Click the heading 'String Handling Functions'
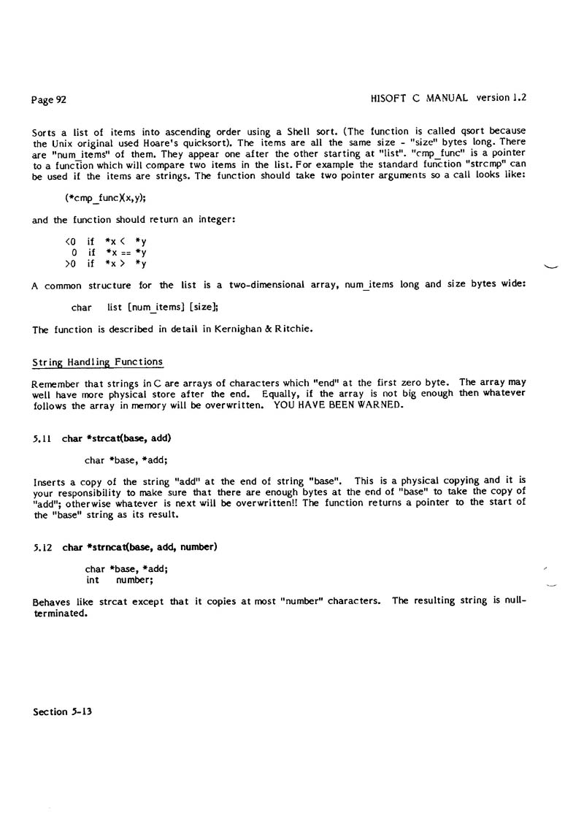[x=98, y=362]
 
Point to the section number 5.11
[x=44, y=438]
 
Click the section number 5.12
[x=44, y=547]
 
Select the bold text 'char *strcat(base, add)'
[x=118, y=438]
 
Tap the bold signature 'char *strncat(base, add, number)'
[x=140, y=547]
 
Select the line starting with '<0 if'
[x=106, y=242]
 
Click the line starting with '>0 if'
[x=106, y=264]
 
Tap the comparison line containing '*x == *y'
[x=109, y=253]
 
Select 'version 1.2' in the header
[x=502, y=96]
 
